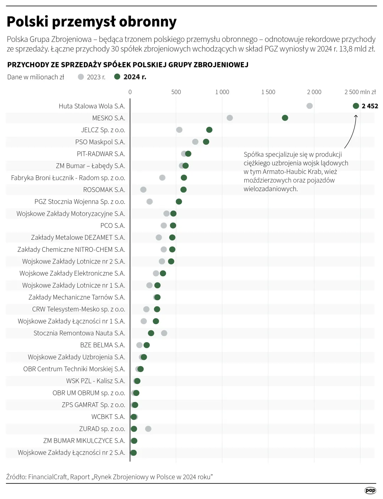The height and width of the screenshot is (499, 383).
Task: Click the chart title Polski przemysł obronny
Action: click(91, 22)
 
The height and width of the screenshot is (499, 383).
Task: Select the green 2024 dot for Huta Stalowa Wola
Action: click(356, 106)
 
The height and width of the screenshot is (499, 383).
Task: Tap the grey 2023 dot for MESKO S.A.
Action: click(230, 118)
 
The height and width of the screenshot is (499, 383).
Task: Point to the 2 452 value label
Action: click(370, 106)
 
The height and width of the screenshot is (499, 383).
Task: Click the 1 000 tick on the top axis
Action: click(222, 92)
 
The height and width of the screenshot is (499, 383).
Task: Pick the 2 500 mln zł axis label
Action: click(360, 92)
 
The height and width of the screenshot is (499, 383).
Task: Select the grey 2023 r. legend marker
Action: click(81, 77)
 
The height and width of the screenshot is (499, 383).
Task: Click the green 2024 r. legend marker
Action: click(117, 77)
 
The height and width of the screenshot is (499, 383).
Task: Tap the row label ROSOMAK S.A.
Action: click(104, 190)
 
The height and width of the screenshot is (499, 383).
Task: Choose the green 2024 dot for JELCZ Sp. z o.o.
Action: click(209, 130)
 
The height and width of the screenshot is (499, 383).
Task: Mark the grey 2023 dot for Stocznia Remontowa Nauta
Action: click(164, 333)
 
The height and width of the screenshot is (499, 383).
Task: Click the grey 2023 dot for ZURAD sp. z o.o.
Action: click(148, 429)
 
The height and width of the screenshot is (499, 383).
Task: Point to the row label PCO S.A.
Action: click(112, 226)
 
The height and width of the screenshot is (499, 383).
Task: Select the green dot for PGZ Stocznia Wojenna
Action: click(179, 202)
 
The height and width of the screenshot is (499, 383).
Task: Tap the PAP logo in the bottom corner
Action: click(370, 491)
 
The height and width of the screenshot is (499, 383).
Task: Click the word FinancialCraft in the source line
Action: click(48, 477)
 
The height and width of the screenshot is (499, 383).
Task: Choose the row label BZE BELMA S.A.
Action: click(102, 345)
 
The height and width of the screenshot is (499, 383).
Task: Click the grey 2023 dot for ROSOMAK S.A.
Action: click(143, 190)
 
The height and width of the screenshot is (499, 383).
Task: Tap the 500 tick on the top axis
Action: click(176, 92)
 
